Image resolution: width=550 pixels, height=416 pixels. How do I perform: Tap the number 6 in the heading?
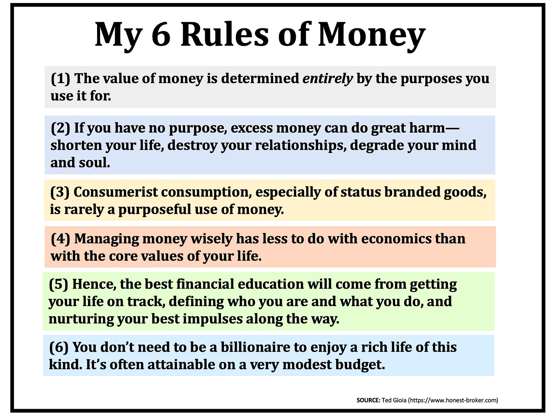(x=161, y=35)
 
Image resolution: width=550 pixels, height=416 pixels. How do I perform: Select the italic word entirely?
(x=328, y=79)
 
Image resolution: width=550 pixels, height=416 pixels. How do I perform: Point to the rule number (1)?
(x=60, y=79)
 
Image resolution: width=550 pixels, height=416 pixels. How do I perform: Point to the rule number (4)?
(x=60, y=239)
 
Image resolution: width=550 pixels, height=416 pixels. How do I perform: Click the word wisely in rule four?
(x=212, y=239)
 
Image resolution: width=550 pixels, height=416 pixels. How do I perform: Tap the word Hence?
(x=94, y=284)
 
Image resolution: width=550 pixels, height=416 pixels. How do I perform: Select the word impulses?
(x=213, y=319)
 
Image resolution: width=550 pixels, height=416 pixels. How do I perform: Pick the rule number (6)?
(x=59, y=347)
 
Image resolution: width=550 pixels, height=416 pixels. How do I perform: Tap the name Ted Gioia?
(x=394, y=400)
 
